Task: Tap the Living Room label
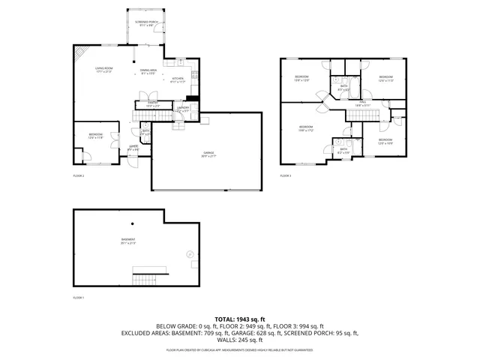pyautogui.click(x=103, y=70)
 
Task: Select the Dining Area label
pyautogui.click(x=148, y=72)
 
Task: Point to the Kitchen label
pyautogui.click(x=178, y=80)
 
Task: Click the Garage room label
pyautogui.click(x=208, y=154)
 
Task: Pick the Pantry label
pyautogui.click(x=151, y=104)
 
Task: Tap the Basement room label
pyautogui.click(x=129, y=242)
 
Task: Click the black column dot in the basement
pyautogui.click(x=132, y=223)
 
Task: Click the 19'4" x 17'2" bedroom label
pyautogui.click(x=306, y=128)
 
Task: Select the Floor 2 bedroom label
pyautogui.click(x=95, y=137)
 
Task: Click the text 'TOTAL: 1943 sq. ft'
pyautogui.click(x=240, y=319)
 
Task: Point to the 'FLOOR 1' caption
pyautogui.click(x=78, y=298)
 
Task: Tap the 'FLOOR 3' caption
pyautogui.click(x=285, y=175)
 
